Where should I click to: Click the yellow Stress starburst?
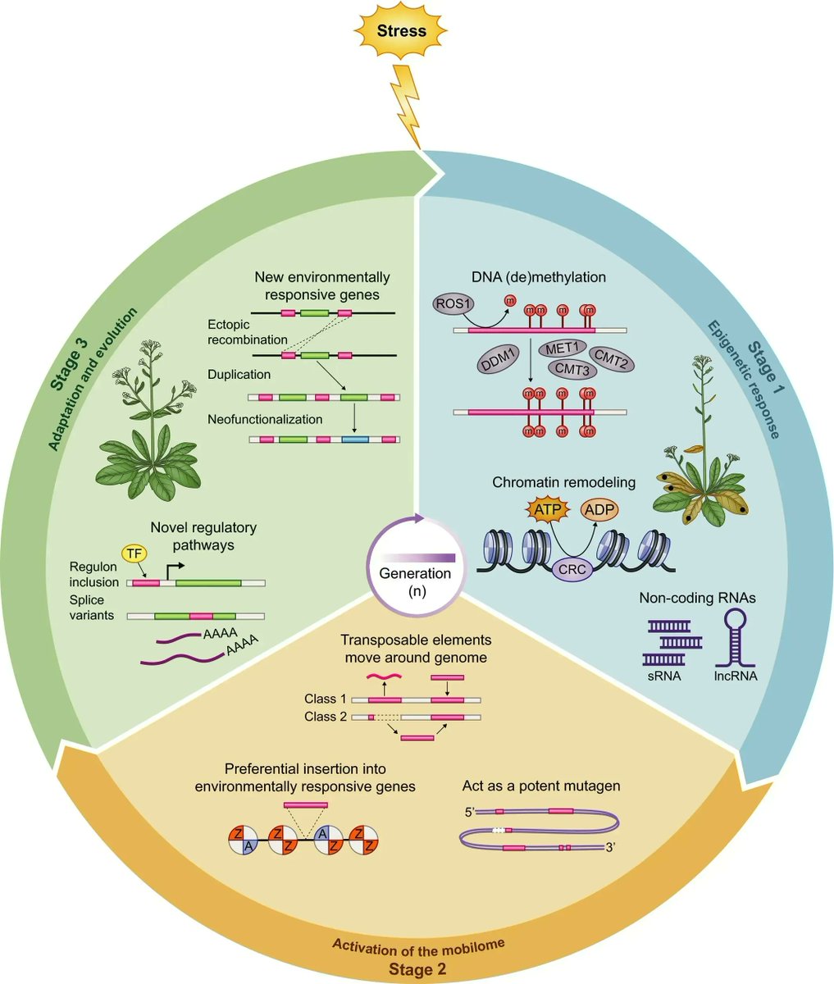click(x=402, y=32)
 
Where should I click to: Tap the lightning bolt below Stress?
click(x=408, y=103)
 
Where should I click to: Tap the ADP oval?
click(x=599, y=510)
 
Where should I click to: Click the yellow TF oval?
click(x=131, y=555)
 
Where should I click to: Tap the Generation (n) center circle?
click(x=420, y=567)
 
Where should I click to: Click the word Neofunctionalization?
click(x=265, y=419)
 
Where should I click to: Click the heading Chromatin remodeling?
click(x=563, y=482)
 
